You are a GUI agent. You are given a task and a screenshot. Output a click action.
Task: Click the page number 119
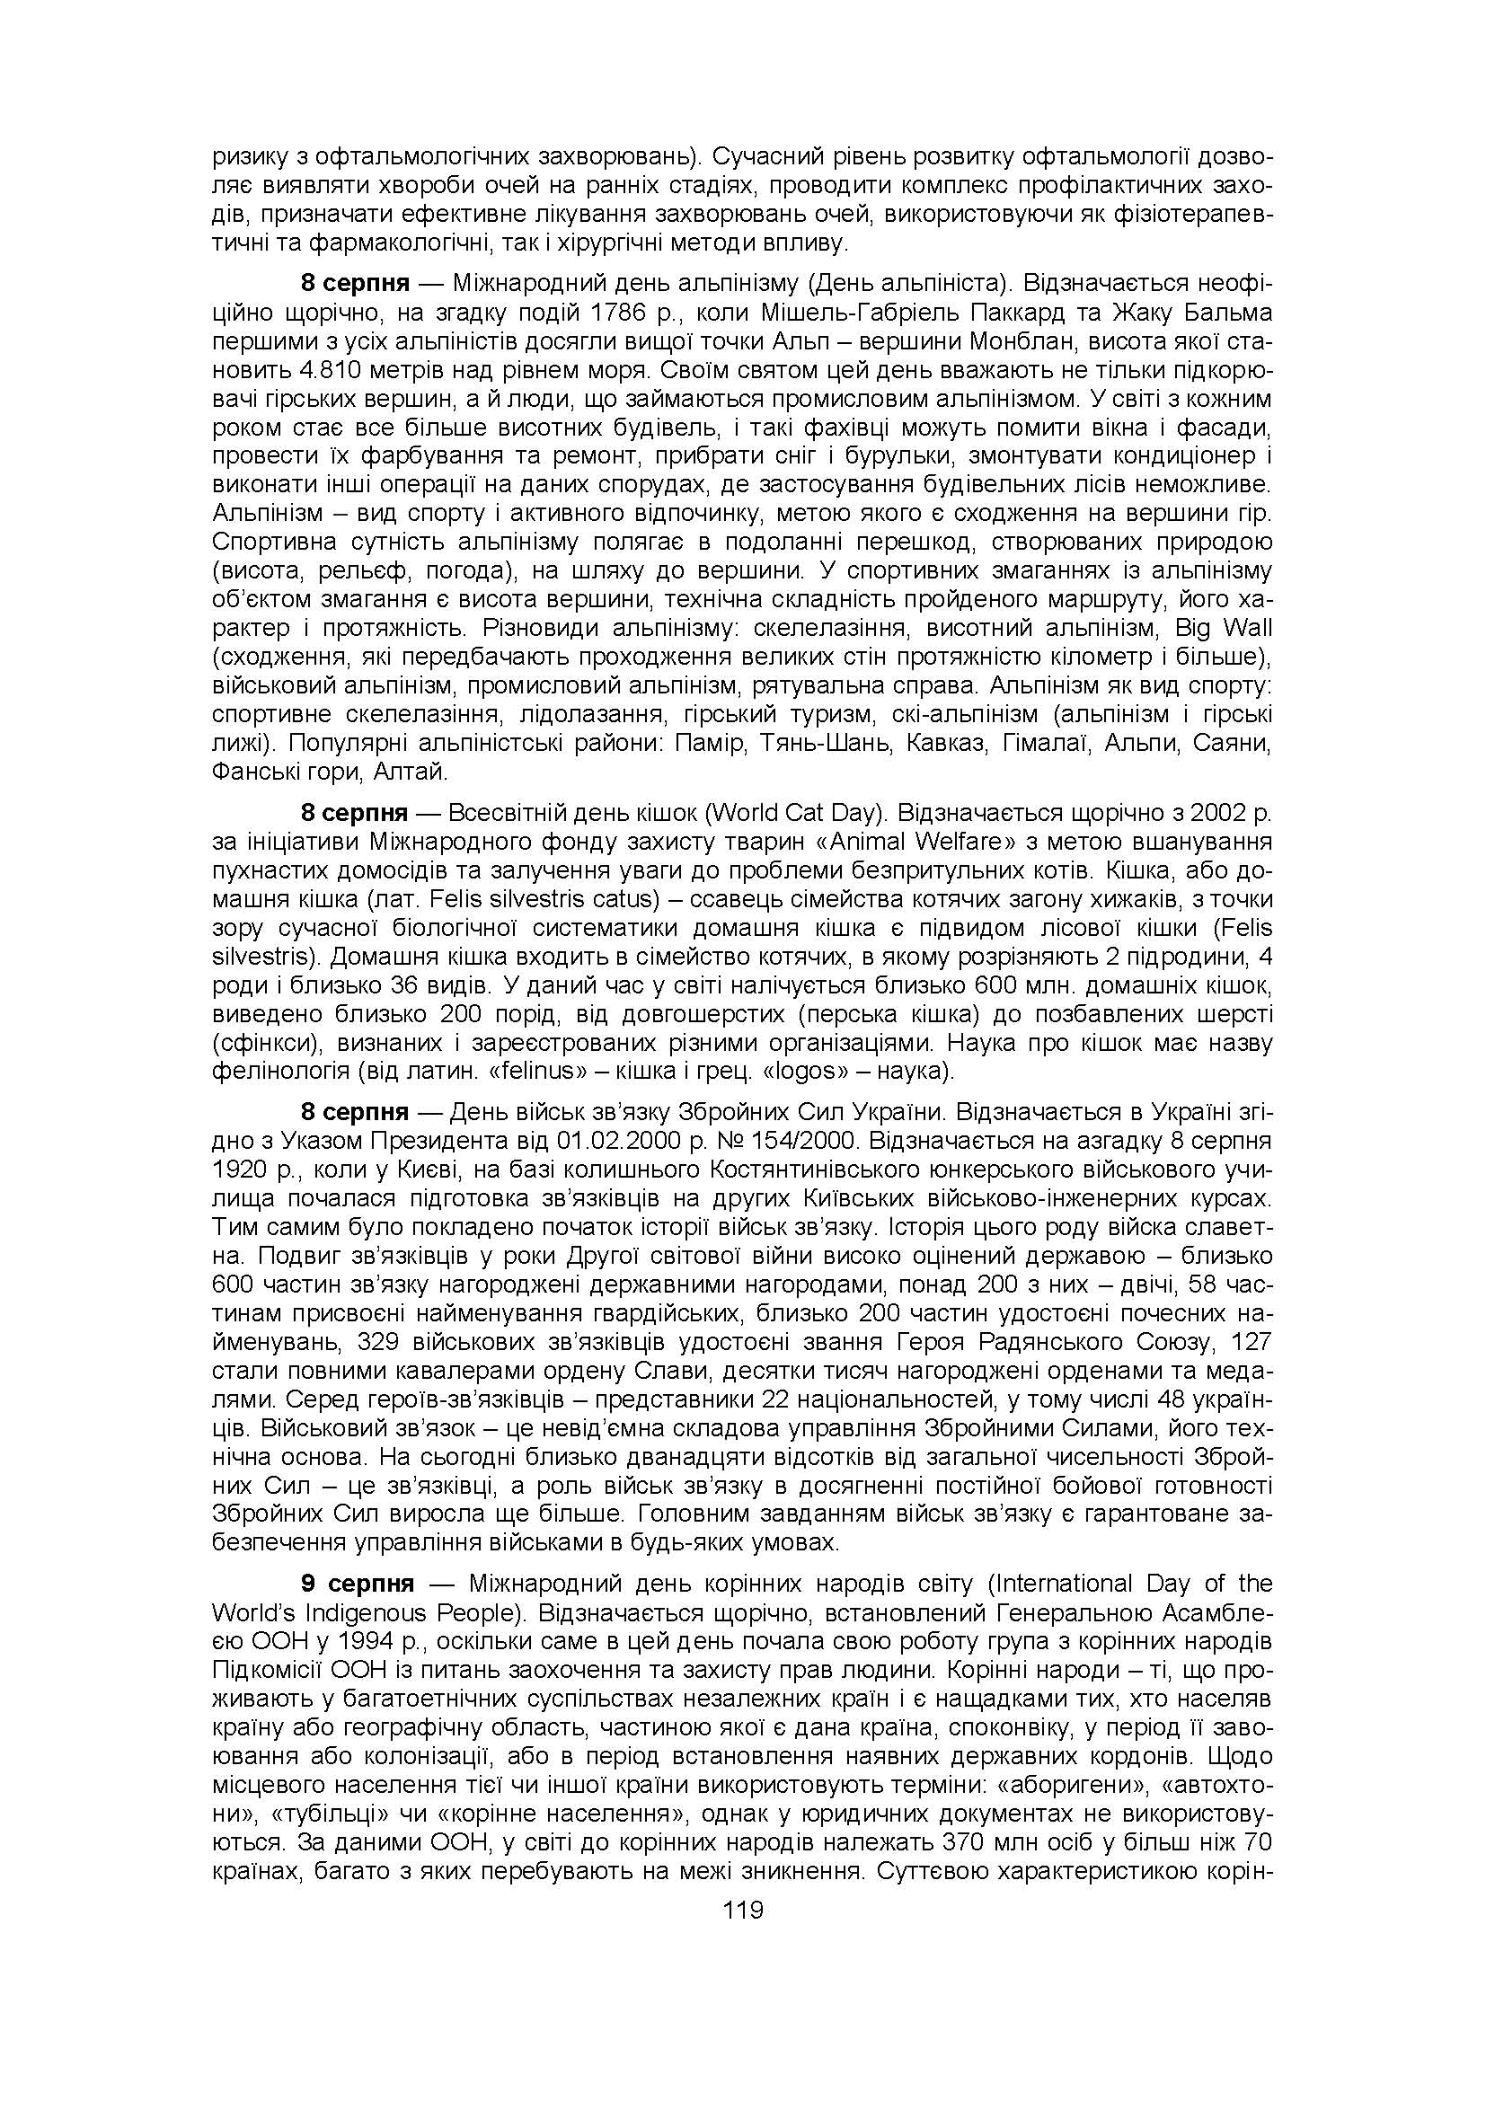pos(742,1911)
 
